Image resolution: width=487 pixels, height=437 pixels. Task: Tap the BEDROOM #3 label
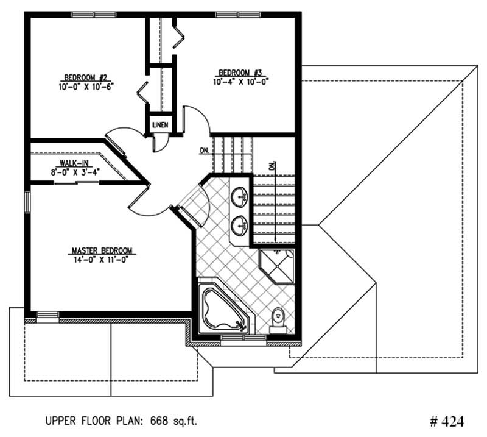pos(240,73)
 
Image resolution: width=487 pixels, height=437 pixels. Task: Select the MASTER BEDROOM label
pos(102,250)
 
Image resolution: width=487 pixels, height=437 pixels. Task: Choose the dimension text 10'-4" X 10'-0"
pos(240,81)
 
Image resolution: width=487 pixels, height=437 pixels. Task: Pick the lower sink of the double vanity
pos(239,224)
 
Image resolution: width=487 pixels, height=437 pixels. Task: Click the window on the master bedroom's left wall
pos(26,202)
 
